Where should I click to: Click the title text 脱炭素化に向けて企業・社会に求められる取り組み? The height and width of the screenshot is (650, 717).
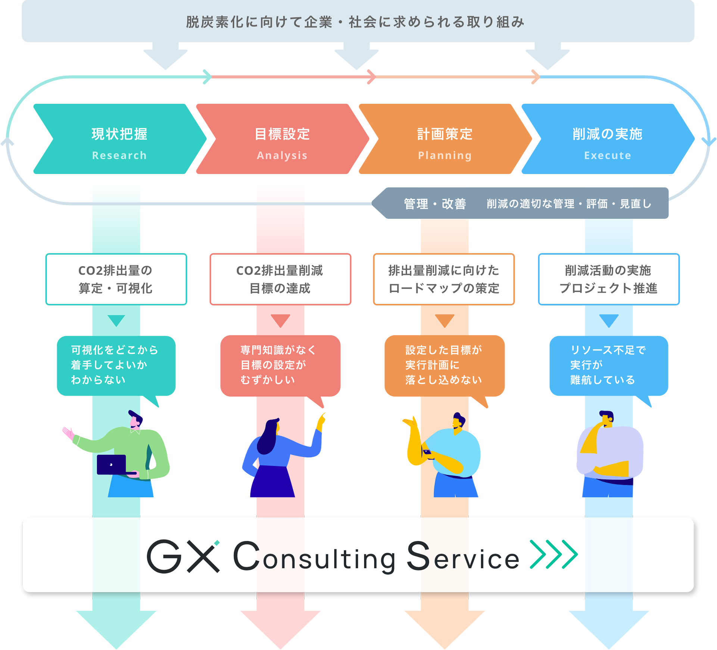click(355, 22)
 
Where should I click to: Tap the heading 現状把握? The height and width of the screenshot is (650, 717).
click(119, 134)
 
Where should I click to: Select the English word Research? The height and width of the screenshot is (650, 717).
click(119, 155)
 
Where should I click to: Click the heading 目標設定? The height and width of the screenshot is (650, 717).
click(282, 134)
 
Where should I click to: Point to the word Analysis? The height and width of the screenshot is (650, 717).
click(282, 155)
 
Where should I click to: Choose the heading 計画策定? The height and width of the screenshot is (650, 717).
click(445, 134)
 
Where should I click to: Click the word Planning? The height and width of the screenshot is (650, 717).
click(445, 155)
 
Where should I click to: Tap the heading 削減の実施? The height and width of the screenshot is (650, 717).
click(608, 134)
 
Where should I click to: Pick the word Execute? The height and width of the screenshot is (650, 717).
click(608, 155)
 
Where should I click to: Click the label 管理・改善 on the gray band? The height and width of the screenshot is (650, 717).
click(435, 204)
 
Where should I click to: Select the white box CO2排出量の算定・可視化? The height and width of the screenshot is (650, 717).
click(116, 279)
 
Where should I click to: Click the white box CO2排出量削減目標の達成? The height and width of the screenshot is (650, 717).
click(280, 279)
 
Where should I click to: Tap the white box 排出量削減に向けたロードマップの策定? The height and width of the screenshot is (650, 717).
click(444, 279)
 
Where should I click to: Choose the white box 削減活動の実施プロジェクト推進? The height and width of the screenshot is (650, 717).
click(609, 279)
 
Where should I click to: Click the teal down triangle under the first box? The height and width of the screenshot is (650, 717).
click(116, 320)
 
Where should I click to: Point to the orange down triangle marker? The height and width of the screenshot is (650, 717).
click(445, 320)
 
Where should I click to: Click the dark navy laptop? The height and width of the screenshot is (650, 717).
click(112, 464)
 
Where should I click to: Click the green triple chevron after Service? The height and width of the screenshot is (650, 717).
click(554, 554)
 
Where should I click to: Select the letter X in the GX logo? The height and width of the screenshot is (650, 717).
click(203, 556)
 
